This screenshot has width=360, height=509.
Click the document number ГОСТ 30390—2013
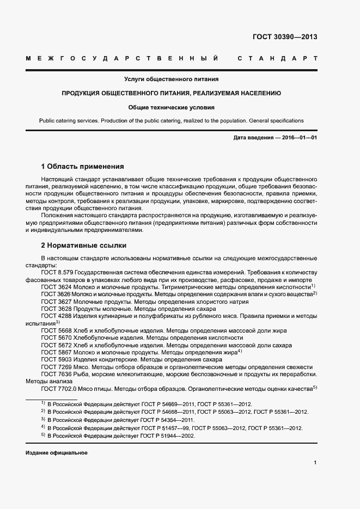coord(285,38)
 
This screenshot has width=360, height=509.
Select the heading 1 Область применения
coord(83,166)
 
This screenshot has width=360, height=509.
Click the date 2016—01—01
coord(300,138)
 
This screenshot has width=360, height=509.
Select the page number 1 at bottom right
coord(315,462)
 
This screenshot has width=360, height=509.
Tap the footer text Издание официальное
coord(56,453)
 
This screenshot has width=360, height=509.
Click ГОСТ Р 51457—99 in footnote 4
coord(168,428)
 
